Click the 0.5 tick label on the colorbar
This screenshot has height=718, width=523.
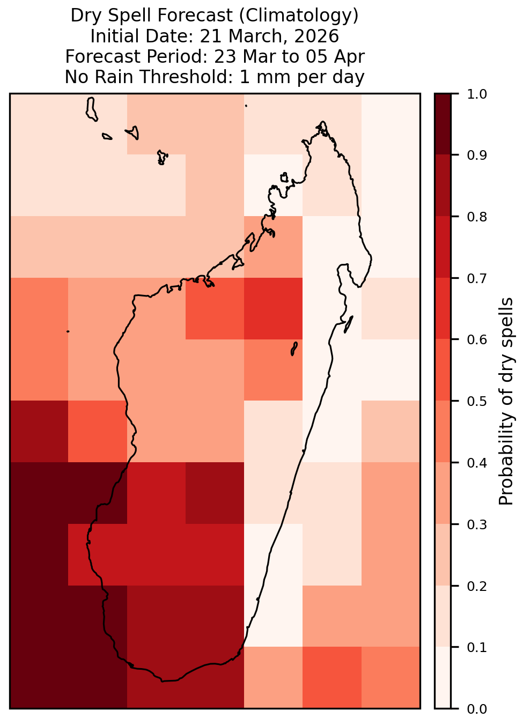click(x=476, y=401)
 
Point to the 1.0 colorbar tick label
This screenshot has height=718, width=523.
click(x=476, y=94)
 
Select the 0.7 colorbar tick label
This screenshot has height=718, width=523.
click(x=476, y=278)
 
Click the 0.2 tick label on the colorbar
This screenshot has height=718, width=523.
click(x=476, y=586)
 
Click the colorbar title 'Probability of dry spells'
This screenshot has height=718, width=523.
click(x=506, y=401)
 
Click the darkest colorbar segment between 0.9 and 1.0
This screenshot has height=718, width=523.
click(x=443, y=124)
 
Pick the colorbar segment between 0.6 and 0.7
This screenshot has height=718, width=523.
click(x=443, y=309)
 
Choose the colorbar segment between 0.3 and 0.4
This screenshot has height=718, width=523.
click(x=443, y=493)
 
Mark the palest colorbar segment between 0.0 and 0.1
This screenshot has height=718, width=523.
click(x=443, y=678)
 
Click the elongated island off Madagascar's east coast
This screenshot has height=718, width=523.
click(x=349, y=324)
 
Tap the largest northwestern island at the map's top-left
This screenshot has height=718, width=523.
click(x=91, y=109)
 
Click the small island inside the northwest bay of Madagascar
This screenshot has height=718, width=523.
click(x=284, y=177)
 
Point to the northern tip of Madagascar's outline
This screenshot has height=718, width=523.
click(x=323, y=122)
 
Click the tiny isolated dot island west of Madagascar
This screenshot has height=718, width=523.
click(x=68, y=331)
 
